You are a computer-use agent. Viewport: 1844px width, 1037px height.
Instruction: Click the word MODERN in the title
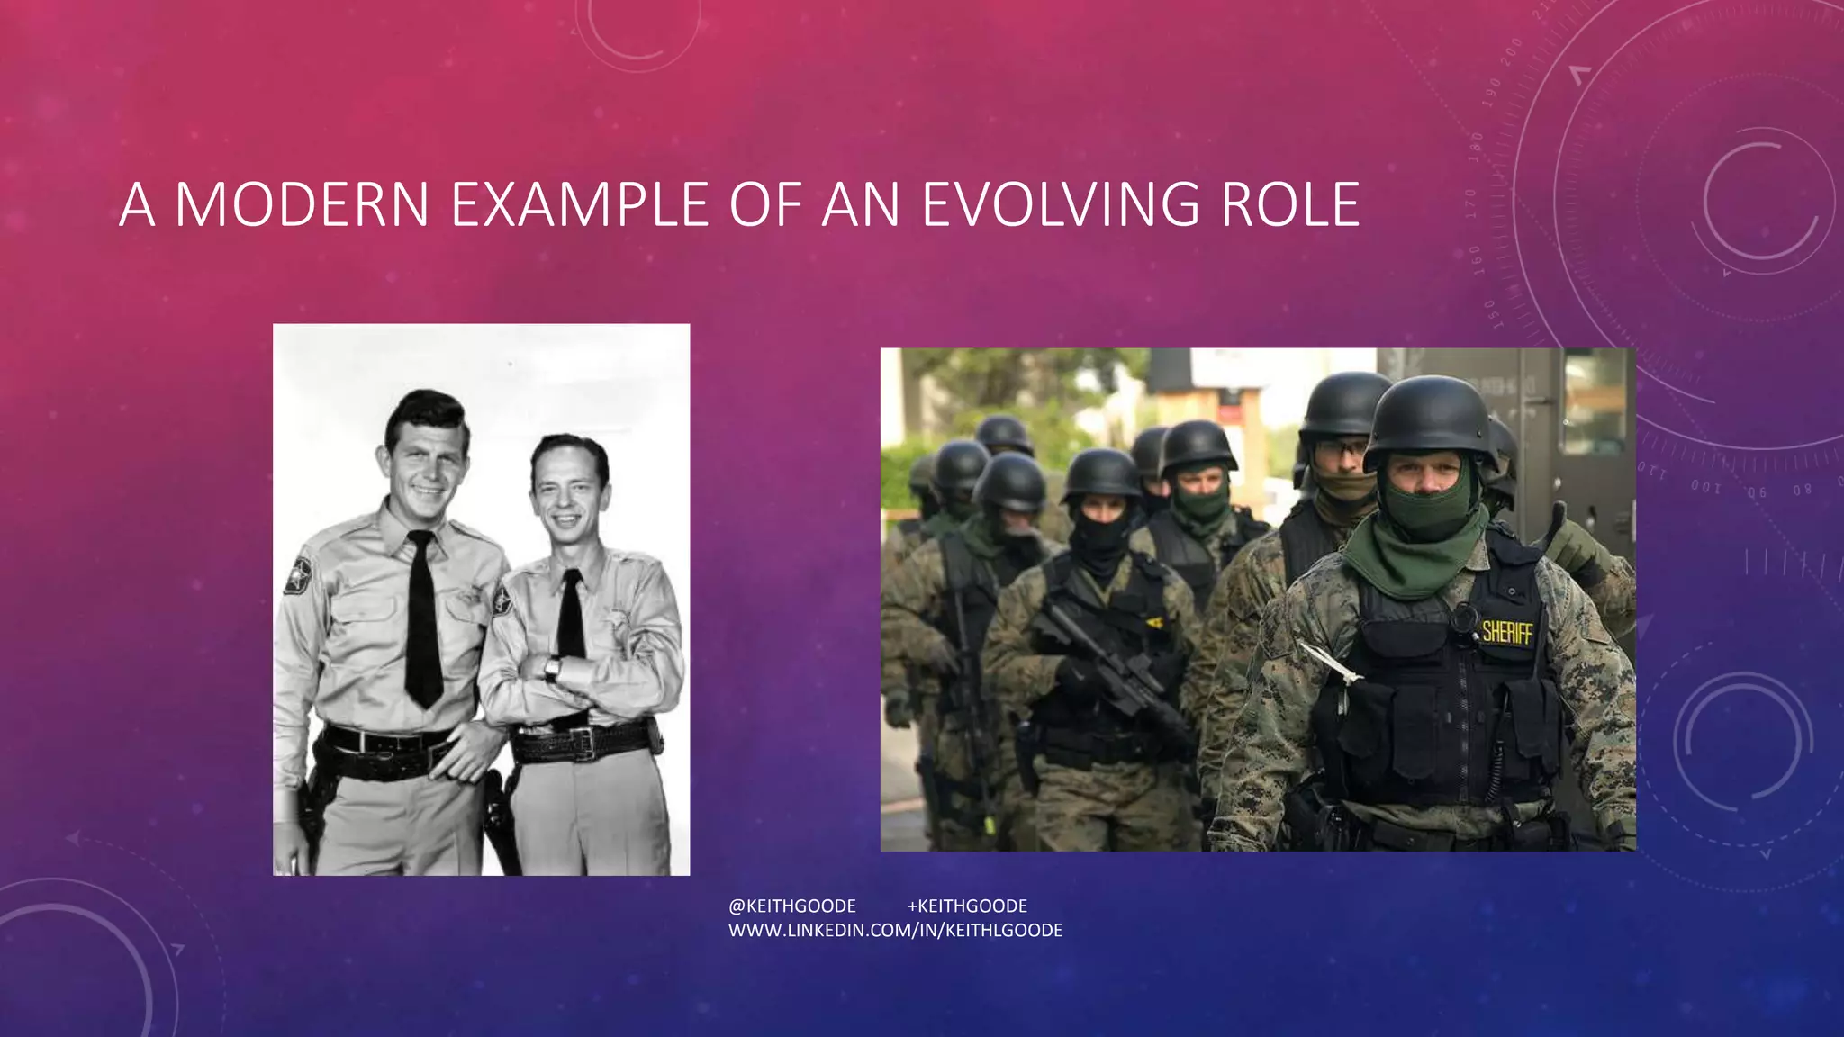click(302, 204)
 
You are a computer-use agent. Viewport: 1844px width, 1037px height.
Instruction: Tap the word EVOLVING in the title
click(1061, 204)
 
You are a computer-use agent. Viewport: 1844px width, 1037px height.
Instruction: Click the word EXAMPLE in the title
click(580, 204)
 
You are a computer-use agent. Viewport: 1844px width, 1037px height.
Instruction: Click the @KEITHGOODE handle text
click(792, 906)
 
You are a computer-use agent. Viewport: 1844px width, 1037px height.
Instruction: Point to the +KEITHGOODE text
click(967, 906)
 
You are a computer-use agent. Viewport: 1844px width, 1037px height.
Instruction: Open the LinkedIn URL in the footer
click(895, 930)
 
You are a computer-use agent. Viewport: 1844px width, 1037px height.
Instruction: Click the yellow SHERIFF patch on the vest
click(1507, 633)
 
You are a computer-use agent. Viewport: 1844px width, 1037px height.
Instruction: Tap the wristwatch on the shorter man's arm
click(552, 668)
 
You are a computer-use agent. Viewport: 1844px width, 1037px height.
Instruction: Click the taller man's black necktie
click(422, 621)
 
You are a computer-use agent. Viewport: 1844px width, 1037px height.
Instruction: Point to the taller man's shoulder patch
click(298, 574)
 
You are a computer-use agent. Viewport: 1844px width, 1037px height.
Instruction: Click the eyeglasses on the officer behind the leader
click(1342, 448)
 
